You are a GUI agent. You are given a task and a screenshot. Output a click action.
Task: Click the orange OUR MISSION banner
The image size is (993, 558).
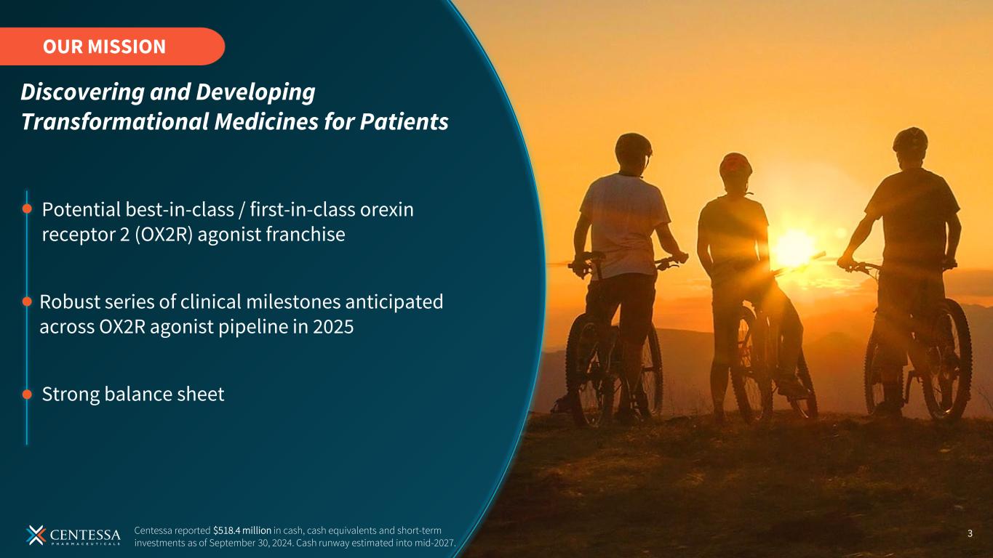(112, 46)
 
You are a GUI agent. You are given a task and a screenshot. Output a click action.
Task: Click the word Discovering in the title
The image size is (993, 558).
(82, 92)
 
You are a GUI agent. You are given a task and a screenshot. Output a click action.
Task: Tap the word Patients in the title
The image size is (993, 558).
(404, 121)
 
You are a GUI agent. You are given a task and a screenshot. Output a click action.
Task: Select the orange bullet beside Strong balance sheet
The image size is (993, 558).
(27, 394)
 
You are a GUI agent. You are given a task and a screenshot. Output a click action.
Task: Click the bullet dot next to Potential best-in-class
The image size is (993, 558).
(27, 209)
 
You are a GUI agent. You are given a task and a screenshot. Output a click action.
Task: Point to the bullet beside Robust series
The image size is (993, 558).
(27, 302)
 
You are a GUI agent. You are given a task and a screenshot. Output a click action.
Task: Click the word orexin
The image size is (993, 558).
(386, 210)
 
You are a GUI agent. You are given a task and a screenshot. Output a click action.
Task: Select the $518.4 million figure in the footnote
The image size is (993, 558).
(242, 530)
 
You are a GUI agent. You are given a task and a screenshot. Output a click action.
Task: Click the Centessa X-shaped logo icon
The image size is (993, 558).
(36, 535)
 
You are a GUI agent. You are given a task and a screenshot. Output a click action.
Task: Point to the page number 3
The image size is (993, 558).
(970, 533)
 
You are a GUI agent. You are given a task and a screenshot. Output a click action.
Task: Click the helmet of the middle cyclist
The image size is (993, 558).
(735, 164)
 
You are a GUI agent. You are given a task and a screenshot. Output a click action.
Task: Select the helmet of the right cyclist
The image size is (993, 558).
(910, 139)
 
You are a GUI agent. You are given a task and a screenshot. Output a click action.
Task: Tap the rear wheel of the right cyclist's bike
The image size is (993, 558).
(947, 360)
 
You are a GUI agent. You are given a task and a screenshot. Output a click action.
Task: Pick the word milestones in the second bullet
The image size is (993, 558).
(293, 302)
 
